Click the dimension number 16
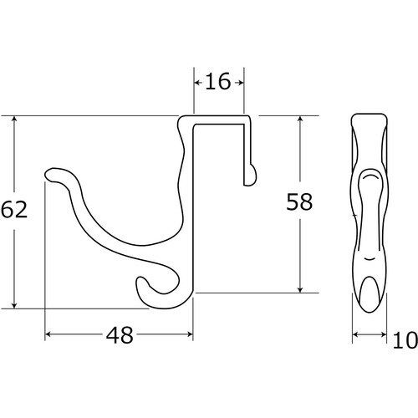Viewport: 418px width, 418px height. click(218, 81)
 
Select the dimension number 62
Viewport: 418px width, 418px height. click(14, 209)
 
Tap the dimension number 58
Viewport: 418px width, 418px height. click(299, 201)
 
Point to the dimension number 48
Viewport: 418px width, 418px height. click(120, 335)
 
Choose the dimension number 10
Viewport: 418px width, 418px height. click(405, 340)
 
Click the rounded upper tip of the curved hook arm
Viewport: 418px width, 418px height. click(49, 175)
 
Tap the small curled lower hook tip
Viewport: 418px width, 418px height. click(140, 282)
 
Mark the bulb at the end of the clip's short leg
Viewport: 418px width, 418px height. click(252, 175)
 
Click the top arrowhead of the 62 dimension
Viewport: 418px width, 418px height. click(14, 120)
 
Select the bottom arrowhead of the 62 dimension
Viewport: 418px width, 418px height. click(14, 305)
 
